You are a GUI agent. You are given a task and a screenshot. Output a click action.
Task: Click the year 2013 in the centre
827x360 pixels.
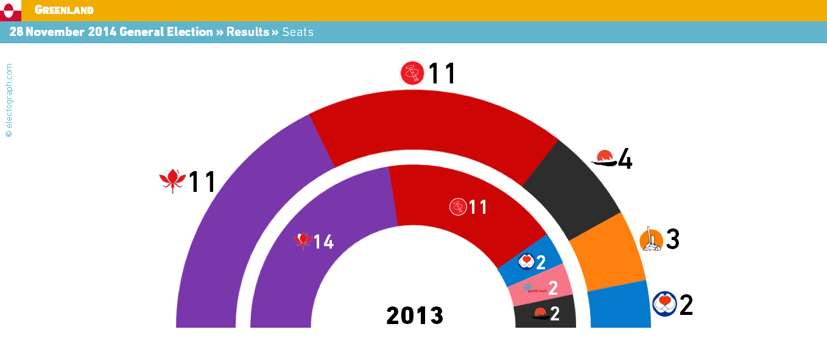click(x=415, y=316)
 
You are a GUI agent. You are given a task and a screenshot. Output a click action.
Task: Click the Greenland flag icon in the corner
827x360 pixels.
click(x=10, y=10)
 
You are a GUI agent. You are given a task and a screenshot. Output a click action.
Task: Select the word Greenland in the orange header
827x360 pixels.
click(x=64, y=10)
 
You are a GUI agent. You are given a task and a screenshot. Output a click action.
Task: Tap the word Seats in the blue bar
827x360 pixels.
click(x=298, y=32)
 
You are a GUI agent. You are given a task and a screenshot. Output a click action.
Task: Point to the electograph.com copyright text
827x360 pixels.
click(x=9, y=100)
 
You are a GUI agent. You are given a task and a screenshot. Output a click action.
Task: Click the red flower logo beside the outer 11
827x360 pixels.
click(x=172, y=180)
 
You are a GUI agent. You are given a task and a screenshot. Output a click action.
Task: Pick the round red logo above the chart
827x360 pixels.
click(x=412, y=73)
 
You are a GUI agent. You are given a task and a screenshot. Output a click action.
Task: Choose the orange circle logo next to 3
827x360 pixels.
click(x=651, y=239)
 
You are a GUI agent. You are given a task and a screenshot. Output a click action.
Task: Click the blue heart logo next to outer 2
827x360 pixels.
click(x=664, y=303)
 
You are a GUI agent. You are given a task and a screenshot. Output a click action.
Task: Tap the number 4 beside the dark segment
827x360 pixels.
click(x=625, y=160)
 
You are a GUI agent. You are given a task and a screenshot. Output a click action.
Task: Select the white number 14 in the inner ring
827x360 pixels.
click(x=323, y=242)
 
